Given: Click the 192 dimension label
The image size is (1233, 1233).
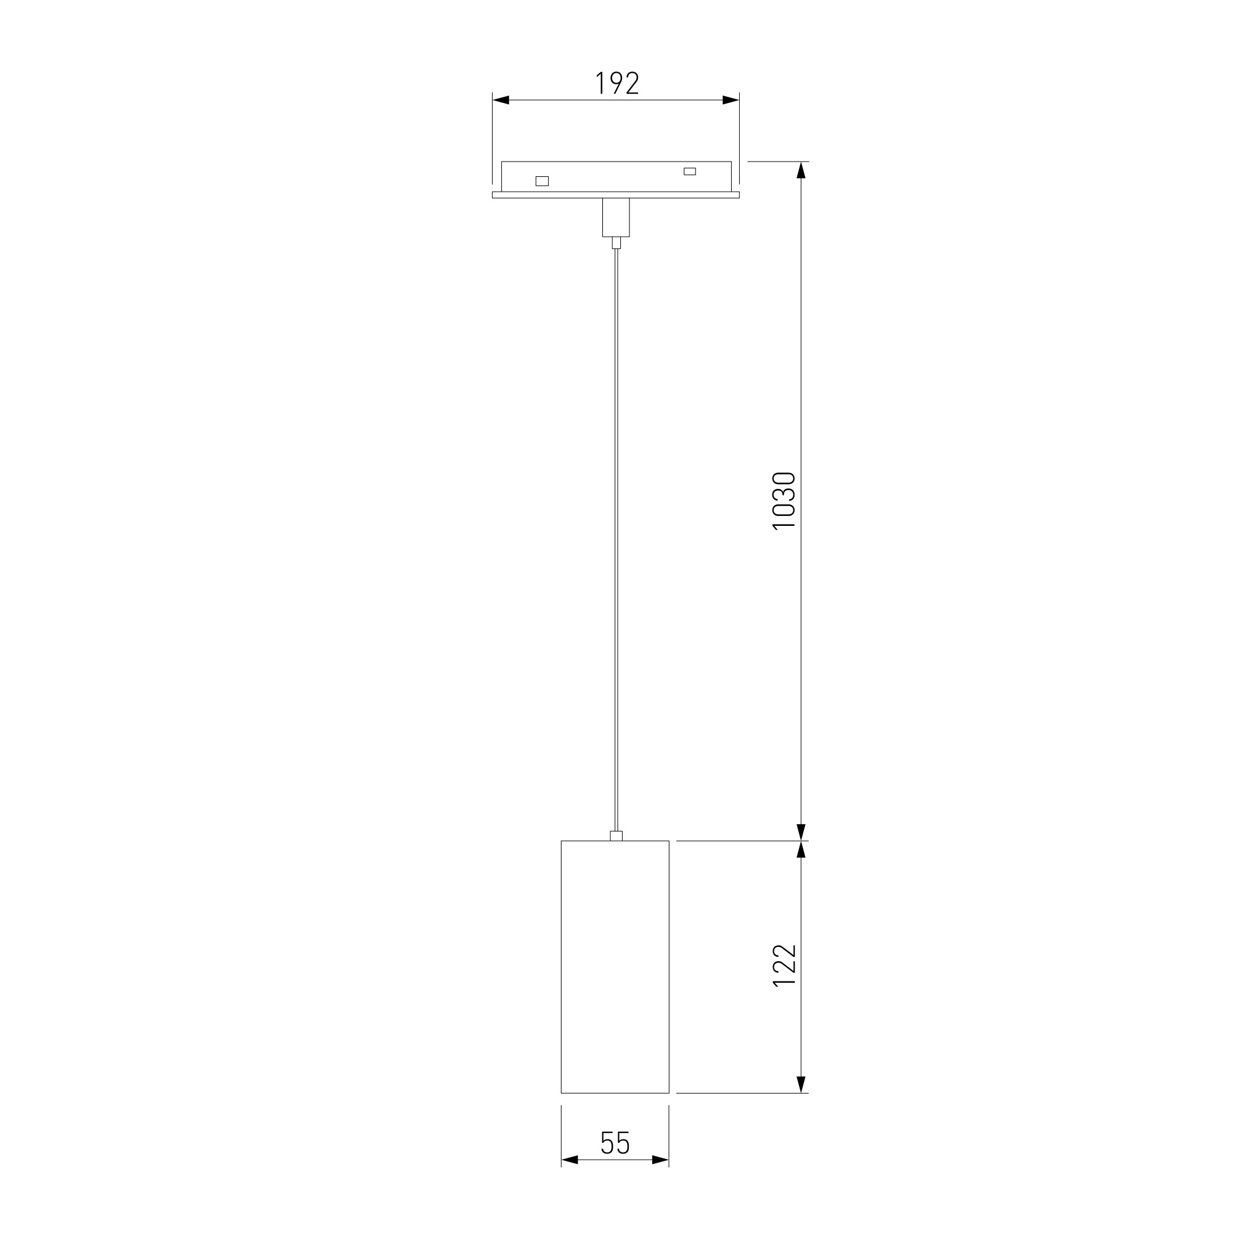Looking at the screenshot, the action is click(x=617, y=83).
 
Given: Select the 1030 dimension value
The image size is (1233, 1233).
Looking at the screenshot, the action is click(x=784, y=501).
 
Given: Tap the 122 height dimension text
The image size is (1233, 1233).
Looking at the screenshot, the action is click(x=784, y=965).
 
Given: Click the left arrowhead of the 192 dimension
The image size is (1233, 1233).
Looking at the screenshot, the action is click(x=501, y=100).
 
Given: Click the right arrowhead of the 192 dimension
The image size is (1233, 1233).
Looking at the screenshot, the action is click(x=731, y=100).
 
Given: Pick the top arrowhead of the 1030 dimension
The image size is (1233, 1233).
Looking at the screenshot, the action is click(x=801, y=170).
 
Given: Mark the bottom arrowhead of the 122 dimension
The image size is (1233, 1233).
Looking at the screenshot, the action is click(x=801, y=1085).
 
